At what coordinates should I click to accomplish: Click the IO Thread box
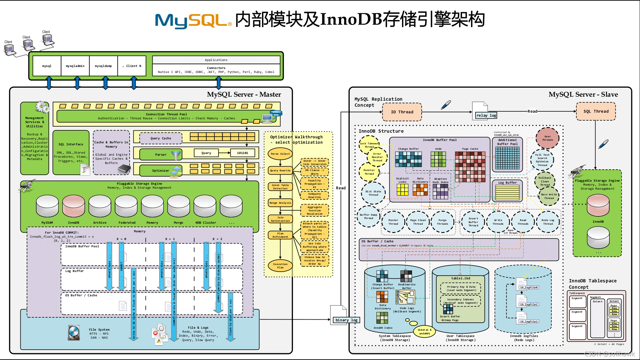402,112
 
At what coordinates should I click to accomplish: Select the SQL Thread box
596,111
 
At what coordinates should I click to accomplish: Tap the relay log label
486,115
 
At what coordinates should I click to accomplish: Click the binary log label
346,320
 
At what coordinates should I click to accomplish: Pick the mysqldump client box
103,66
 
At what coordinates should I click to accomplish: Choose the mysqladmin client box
75,66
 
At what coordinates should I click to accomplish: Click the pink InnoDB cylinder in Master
74,206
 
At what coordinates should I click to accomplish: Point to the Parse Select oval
280,154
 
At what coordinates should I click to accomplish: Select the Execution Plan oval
280,266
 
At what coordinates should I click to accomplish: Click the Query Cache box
161,138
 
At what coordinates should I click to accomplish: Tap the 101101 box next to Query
242,153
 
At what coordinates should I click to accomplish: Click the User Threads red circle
547,138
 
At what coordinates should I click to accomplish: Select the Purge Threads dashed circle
442,222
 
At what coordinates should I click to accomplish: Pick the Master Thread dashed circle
393,222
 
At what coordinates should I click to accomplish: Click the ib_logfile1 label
529,304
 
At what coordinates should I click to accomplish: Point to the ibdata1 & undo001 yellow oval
425,331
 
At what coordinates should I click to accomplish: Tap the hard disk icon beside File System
74,333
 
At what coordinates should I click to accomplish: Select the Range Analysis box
280,203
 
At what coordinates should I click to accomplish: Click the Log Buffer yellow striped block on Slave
507,192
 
